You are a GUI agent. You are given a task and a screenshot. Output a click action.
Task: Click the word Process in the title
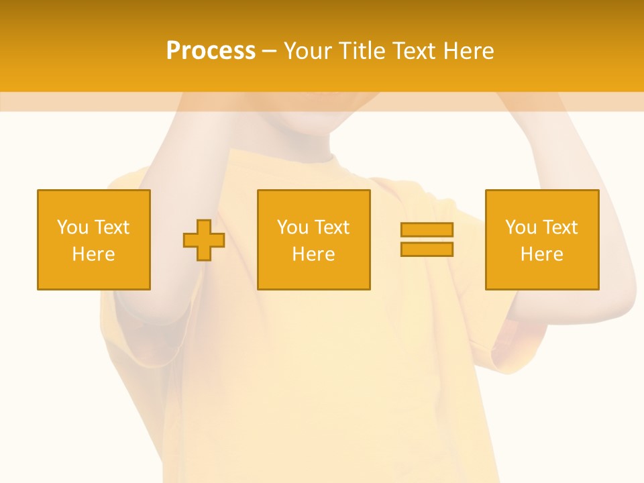[x=211, y=51]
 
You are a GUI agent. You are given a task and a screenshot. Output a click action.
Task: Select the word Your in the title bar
[x=306, y=51]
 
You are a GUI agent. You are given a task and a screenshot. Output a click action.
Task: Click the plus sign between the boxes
[x=204, y=240]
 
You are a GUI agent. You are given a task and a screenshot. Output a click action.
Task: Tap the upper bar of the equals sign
[x=427, y=229]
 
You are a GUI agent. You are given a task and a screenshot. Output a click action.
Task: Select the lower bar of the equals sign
[x=427, y=250]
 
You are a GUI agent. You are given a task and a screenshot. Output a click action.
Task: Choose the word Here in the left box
[x=93, y=254]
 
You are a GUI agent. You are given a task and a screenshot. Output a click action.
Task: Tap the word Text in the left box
[x=111, y=227]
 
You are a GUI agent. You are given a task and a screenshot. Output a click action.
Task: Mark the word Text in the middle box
[x=331, y=227]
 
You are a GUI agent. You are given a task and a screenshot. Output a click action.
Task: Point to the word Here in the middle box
[x=313, y=254]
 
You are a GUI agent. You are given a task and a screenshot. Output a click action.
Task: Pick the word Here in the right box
[x=541, y=254]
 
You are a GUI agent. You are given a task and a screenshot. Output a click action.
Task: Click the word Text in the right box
[x=559, y=227]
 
